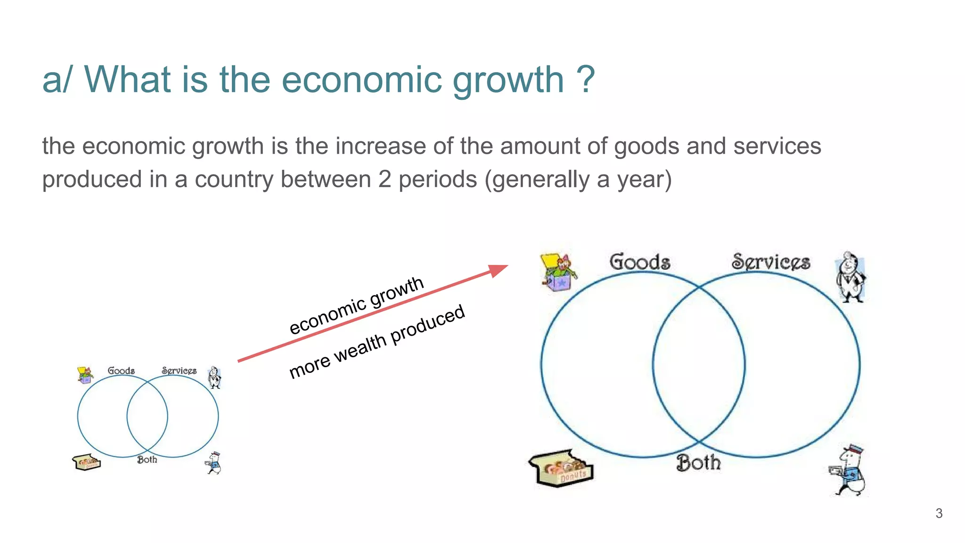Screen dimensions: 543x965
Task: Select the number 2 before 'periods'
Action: tap(384, 180)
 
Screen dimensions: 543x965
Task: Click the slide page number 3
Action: tap(939, 513)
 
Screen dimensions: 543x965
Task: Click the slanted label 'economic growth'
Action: tap(356, 305)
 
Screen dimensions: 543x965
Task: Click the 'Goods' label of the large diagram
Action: tap(639, 262)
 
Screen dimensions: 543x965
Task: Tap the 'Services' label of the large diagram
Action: tap(771, 262)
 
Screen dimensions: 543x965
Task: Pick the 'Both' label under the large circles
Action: tap(698, 463)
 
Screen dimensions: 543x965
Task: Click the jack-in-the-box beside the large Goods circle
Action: tap(558, 272)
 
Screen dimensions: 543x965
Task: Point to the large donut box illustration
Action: tap(561, 468)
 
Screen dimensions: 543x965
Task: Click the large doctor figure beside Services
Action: tap(851, 277)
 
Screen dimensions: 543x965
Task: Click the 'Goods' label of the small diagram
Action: tap(121, 371)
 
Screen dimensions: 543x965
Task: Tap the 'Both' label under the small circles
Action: tap(147, 460)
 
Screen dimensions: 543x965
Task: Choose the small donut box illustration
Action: tap(86, 462)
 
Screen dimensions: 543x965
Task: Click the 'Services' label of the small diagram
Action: tap(179, 371)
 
